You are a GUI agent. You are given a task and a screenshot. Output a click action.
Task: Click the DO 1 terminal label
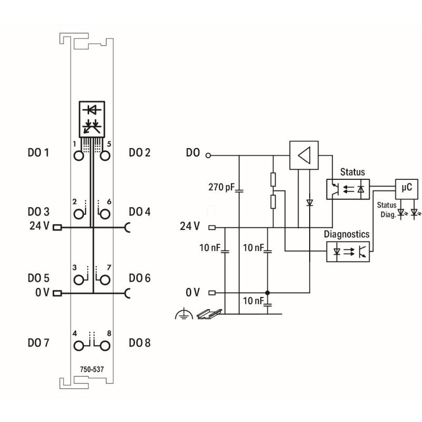pos(38,154)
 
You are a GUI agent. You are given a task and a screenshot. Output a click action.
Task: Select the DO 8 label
pos(140,343)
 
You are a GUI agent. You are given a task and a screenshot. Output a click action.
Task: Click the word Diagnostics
pos(347,234)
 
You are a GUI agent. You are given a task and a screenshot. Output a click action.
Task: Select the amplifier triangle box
pos(304,155)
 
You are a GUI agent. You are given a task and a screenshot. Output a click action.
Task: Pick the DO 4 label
pos(140,212)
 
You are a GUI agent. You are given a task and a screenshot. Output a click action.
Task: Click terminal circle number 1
pos(79,156)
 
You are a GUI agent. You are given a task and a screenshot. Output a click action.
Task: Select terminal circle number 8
pos(104,346)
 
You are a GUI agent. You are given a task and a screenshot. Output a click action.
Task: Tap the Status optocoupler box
pos(348,188)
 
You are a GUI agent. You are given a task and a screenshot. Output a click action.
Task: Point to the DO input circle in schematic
pos(208,156)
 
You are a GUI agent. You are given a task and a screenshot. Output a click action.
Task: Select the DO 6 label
pos(140,277)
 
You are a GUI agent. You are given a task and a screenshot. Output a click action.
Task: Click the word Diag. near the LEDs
pos(388,214)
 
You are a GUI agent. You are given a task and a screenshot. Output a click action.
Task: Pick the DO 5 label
pos(38,277)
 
